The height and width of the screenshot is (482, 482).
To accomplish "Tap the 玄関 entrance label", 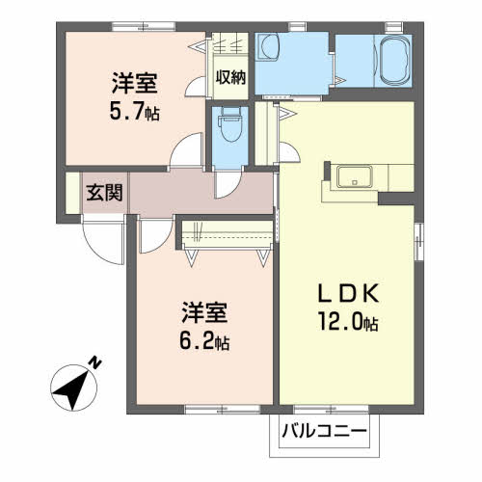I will click(104, 192).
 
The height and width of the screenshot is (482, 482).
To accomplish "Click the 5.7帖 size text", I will click(134, 112).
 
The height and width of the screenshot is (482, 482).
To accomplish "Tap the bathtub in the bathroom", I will click(392, 63).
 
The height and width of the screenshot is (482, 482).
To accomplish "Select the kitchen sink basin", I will click(353, 177).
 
